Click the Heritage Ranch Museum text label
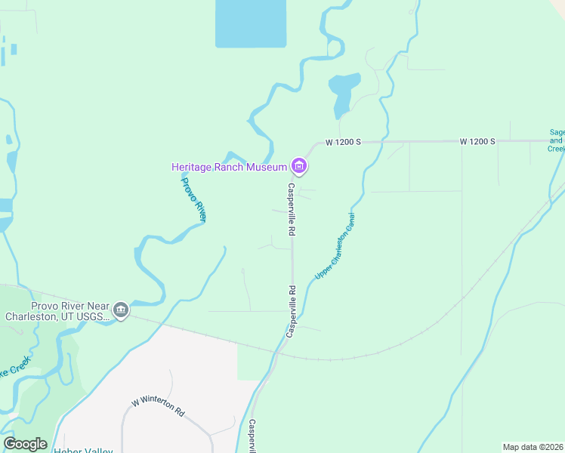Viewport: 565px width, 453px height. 229,167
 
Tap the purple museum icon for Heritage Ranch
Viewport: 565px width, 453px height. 299,166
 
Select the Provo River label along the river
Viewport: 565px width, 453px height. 193,198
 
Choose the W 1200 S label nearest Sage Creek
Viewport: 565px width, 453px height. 477,141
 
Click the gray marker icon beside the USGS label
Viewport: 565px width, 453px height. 121,310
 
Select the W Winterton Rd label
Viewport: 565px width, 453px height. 158,408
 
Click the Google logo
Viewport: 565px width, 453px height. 25,444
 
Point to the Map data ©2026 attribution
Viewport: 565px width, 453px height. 533,447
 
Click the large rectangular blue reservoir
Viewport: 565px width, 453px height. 251,23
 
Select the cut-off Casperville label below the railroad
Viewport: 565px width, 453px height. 253,436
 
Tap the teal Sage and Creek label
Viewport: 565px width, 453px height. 557,140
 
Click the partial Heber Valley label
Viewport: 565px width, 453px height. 83,450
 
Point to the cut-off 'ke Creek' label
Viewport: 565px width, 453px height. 14,368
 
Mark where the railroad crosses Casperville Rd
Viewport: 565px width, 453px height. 281,351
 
